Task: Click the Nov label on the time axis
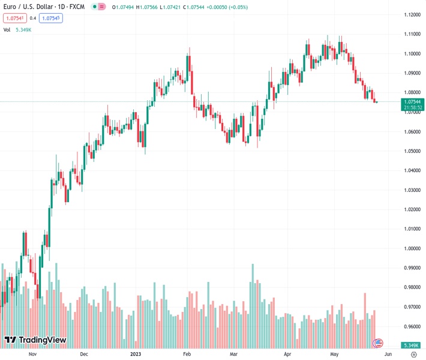tap(33, 355)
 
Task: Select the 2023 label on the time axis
tap(136, 355)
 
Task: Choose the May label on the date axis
tap(334, 355)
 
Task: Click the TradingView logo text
tap(36, 340)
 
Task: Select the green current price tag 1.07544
tap(413, 102)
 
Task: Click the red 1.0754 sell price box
tap(15, 18)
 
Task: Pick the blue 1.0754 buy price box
tap(51, 18)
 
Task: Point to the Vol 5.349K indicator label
tap(17, 29)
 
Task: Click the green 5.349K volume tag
tap(411, 345)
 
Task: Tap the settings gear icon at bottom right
tap(413, 355)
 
